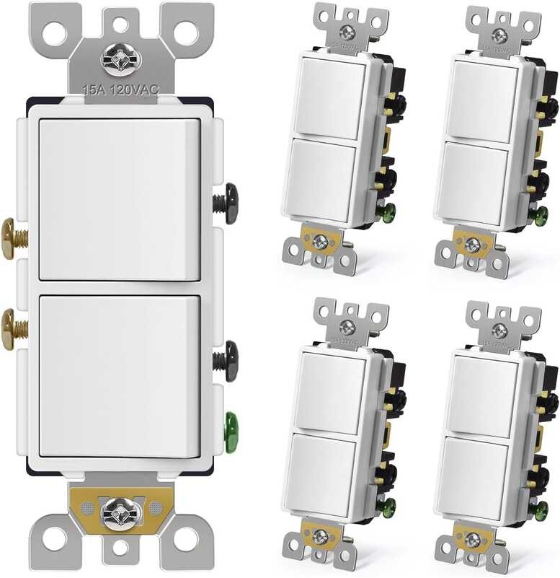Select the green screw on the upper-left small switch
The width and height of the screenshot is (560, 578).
(x=390, y=214)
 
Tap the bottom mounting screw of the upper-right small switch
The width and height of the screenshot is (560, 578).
(x=473, y=245)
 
